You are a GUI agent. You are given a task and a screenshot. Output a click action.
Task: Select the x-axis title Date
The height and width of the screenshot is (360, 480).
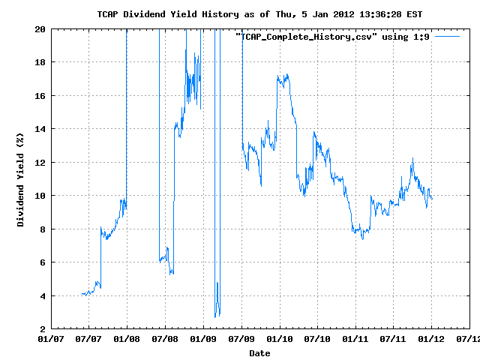coord(259,352)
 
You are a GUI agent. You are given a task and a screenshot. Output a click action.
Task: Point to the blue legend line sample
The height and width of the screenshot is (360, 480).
coord(447,36)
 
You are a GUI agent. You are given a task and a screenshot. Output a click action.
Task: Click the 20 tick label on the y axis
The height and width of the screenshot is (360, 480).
coord(40,28)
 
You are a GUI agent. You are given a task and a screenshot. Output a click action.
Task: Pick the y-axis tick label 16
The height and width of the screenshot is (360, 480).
coord(40,95)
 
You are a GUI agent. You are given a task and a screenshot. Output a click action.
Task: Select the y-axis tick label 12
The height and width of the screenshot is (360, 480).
coord(40,162)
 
